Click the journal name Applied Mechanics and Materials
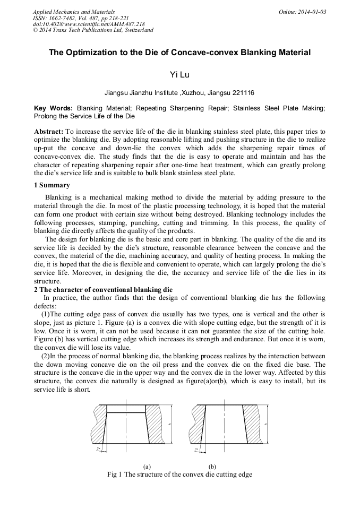click(74, 11)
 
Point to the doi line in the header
click(74, 24)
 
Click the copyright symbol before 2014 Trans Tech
click(36, 30)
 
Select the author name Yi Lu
click(179, 75)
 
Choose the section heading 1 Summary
click(52, 185)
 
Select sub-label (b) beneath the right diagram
click(212, 467)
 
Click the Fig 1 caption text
click(179, 475)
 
